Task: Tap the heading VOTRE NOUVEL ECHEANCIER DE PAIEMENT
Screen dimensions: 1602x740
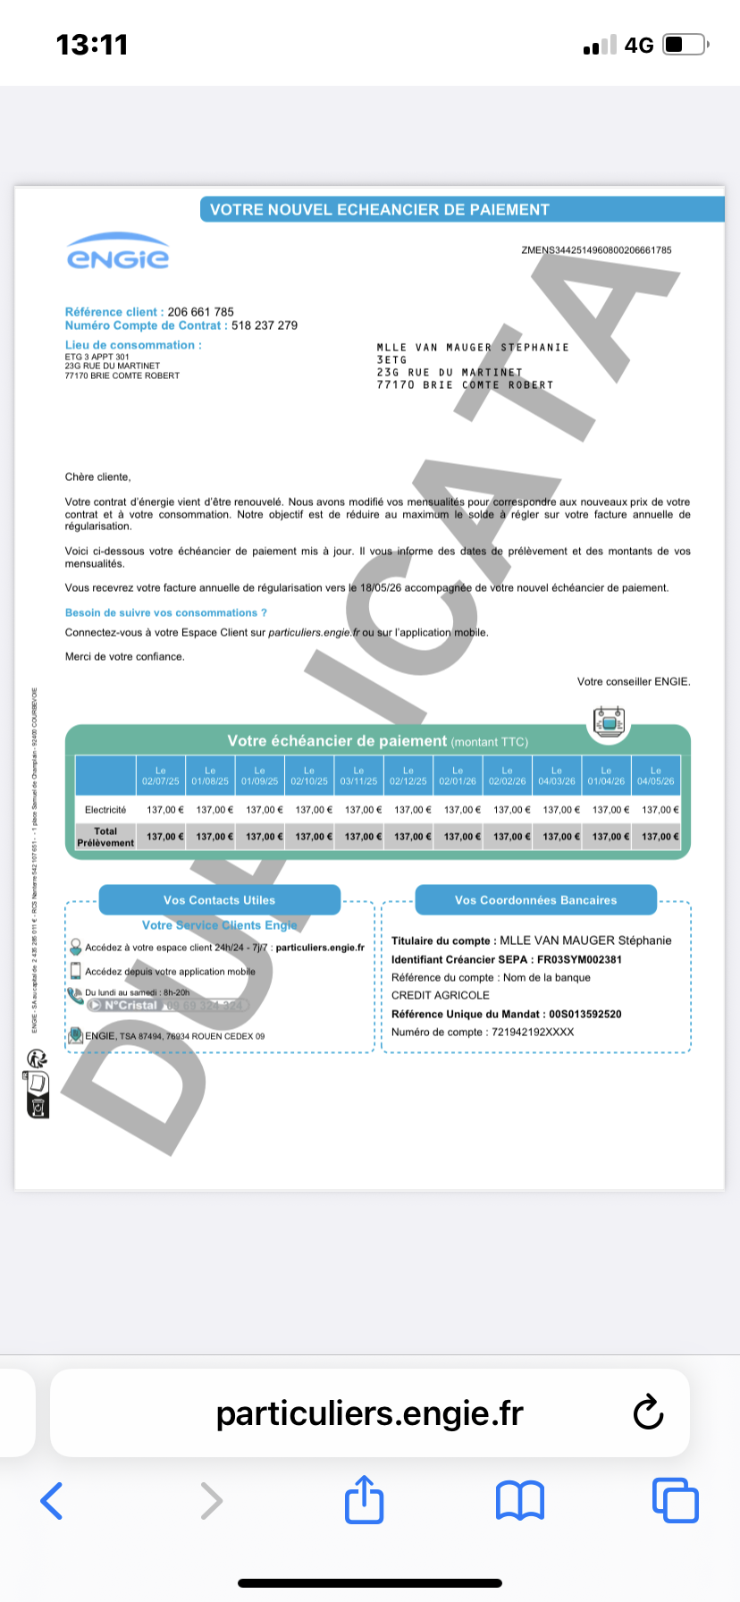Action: click(x=379, y=210)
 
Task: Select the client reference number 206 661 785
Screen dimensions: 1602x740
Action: click(x=201, y=312)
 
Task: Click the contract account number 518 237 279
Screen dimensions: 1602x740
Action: click(x=265, y=325)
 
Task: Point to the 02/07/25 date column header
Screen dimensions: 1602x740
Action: click(x=161, y=776)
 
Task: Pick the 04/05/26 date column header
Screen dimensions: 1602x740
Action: click(x=656, y=776)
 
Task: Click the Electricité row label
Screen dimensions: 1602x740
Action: click(x=105, y=810)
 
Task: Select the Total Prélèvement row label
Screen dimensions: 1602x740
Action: click(x=105, y=837)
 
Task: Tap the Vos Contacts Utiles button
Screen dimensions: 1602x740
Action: click(x=219, y=900)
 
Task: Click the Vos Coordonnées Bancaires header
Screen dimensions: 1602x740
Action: click(x=535, y=900)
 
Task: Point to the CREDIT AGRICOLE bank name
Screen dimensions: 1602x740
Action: click(x=441, y=995)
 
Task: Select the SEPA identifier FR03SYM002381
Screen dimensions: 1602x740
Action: click(x=579, y=959)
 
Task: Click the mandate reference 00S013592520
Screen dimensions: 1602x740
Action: click(x=585, y=1014)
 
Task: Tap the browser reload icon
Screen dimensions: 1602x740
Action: click(x=648, y=1412)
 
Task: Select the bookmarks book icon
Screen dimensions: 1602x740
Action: click(x=519, y=1500)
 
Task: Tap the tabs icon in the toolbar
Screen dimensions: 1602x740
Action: click(x=675, y=1500)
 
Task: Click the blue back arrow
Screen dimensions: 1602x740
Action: click(x=52, y=1500)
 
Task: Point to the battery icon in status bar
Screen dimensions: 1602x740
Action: click(x=685, y=45)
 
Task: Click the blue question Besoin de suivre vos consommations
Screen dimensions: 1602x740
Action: click(x=166, y=613)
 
